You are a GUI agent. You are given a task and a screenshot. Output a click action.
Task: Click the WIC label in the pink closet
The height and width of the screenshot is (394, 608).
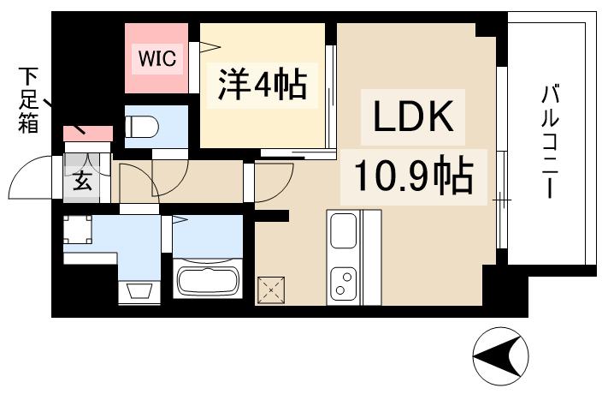pos(158,59)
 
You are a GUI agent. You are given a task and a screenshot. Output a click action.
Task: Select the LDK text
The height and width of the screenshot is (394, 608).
pos(411,118)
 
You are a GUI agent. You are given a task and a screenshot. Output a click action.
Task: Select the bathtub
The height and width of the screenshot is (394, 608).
pos(209,280)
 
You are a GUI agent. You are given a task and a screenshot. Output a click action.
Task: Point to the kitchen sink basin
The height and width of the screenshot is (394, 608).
pos(344,230)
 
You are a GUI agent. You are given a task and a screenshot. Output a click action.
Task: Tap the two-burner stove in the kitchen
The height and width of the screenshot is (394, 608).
pos(344,283)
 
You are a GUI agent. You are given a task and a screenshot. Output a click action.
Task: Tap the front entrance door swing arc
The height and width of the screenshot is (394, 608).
pos(26,182)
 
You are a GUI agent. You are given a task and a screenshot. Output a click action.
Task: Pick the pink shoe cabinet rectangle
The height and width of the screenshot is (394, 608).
pos(88,134)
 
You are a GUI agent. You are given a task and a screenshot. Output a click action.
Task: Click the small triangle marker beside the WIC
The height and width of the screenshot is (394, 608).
pos(205,46)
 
